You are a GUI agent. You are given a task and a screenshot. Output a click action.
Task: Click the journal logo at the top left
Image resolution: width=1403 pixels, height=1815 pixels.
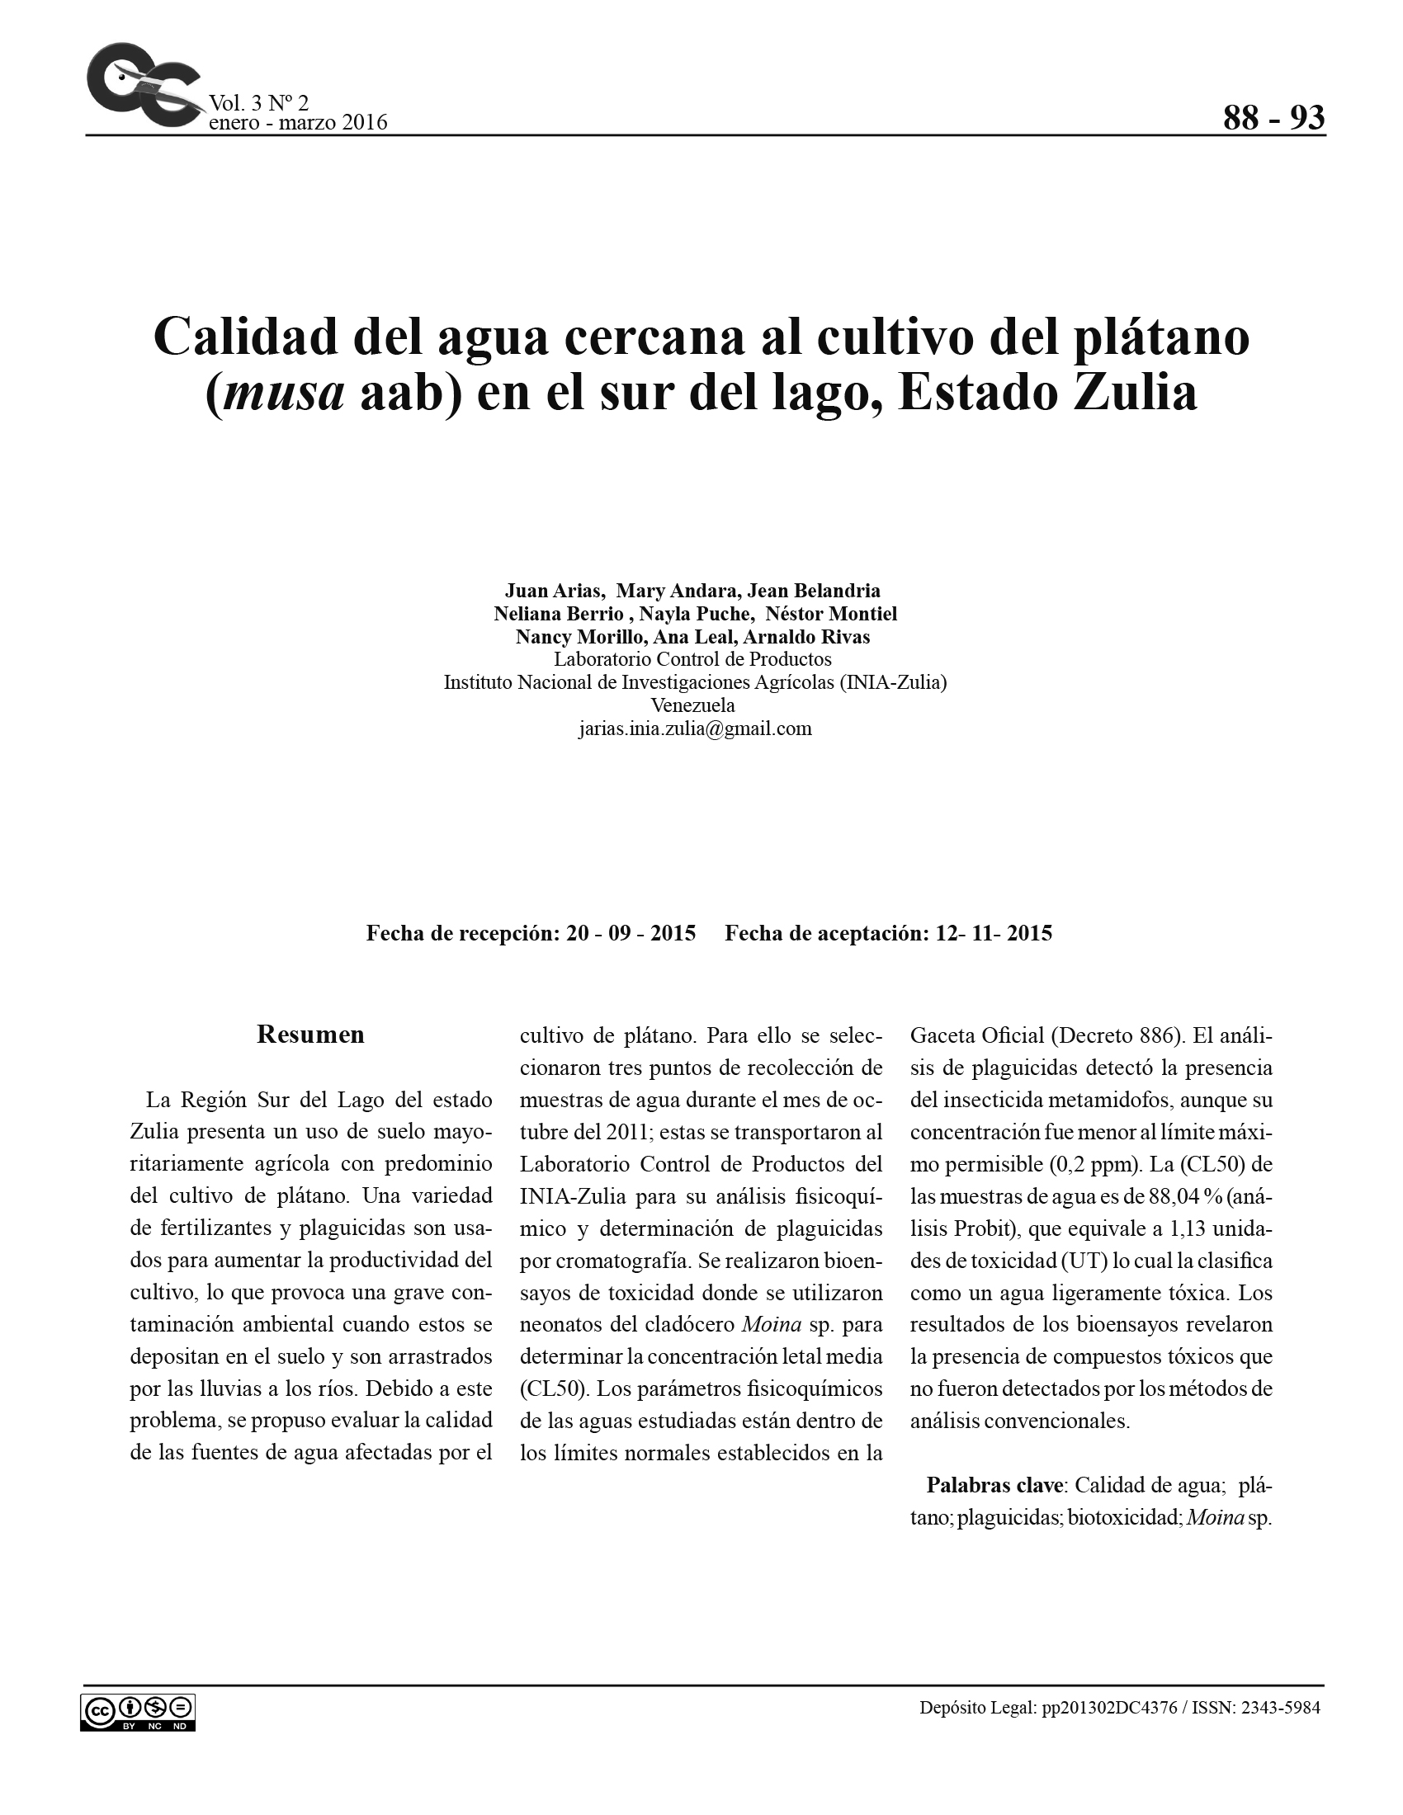[141, 87]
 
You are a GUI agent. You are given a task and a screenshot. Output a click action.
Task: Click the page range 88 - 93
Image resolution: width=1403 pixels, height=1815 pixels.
[1273, 118]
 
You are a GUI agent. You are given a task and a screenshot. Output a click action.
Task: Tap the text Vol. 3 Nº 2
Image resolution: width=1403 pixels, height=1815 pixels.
[258, 103]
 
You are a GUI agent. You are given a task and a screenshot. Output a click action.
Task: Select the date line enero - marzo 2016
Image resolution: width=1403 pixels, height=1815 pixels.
[298, 123]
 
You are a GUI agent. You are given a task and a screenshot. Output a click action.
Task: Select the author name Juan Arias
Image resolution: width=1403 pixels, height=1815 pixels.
[553, 591]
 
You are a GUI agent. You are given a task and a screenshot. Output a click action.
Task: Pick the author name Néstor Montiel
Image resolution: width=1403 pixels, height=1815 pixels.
[830, 614]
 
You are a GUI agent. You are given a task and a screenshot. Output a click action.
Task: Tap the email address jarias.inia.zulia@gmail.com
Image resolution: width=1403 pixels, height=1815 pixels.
[695, 728]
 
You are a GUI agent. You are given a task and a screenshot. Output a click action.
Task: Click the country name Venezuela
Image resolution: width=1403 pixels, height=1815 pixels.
[692, 705]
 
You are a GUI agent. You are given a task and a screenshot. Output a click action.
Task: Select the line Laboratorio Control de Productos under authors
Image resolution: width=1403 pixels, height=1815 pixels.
[692, 660]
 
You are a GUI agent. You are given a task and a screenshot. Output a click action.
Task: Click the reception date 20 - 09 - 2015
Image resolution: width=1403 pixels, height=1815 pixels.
[631, 933]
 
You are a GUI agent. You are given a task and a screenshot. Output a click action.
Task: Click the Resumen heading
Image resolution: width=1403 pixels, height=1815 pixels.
[310, 1035]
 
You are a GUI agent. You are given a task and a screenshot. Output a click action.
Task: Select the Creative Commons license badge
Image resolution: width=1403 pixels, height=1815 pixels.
[138, 1712]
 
